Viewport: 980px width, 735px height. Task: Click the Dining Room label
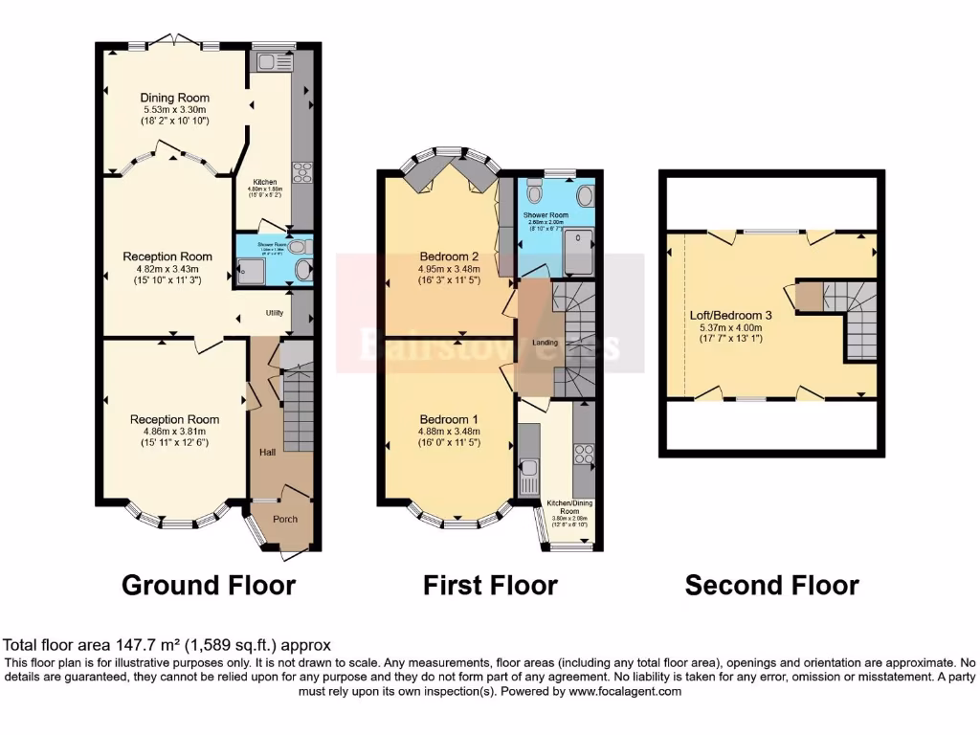pyautogui.click(x=174, y=98)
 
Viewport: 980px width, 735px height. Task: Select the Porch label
pyautogui.click(x=285, y=519)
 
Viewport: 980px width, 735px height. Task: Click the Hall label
pyautogui.click(x=268, y=451)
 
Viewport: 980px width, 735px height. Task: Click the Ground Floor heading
pyautogui.click(x=208, y=585)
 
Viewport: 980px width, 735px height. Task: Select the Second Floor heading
pyautogui.click(x=771, y=585)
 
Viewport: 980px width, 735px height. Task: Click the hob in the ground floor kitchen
pyautogui.click(x=302, y=172)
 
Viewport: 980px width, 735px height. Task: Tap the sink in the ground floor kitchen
pyautogui.click(x=262, y=62)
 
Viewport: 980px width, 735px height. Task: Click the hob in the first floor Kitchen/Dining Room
pyautogui.click(x=582, y=453)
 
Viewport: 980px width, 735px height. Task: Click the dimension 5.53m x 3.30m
pyautogui.click(x=174, y=110)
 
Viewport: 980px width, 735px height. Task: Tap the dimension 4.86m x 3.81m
pyautogui.click(x=174, y=432)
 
